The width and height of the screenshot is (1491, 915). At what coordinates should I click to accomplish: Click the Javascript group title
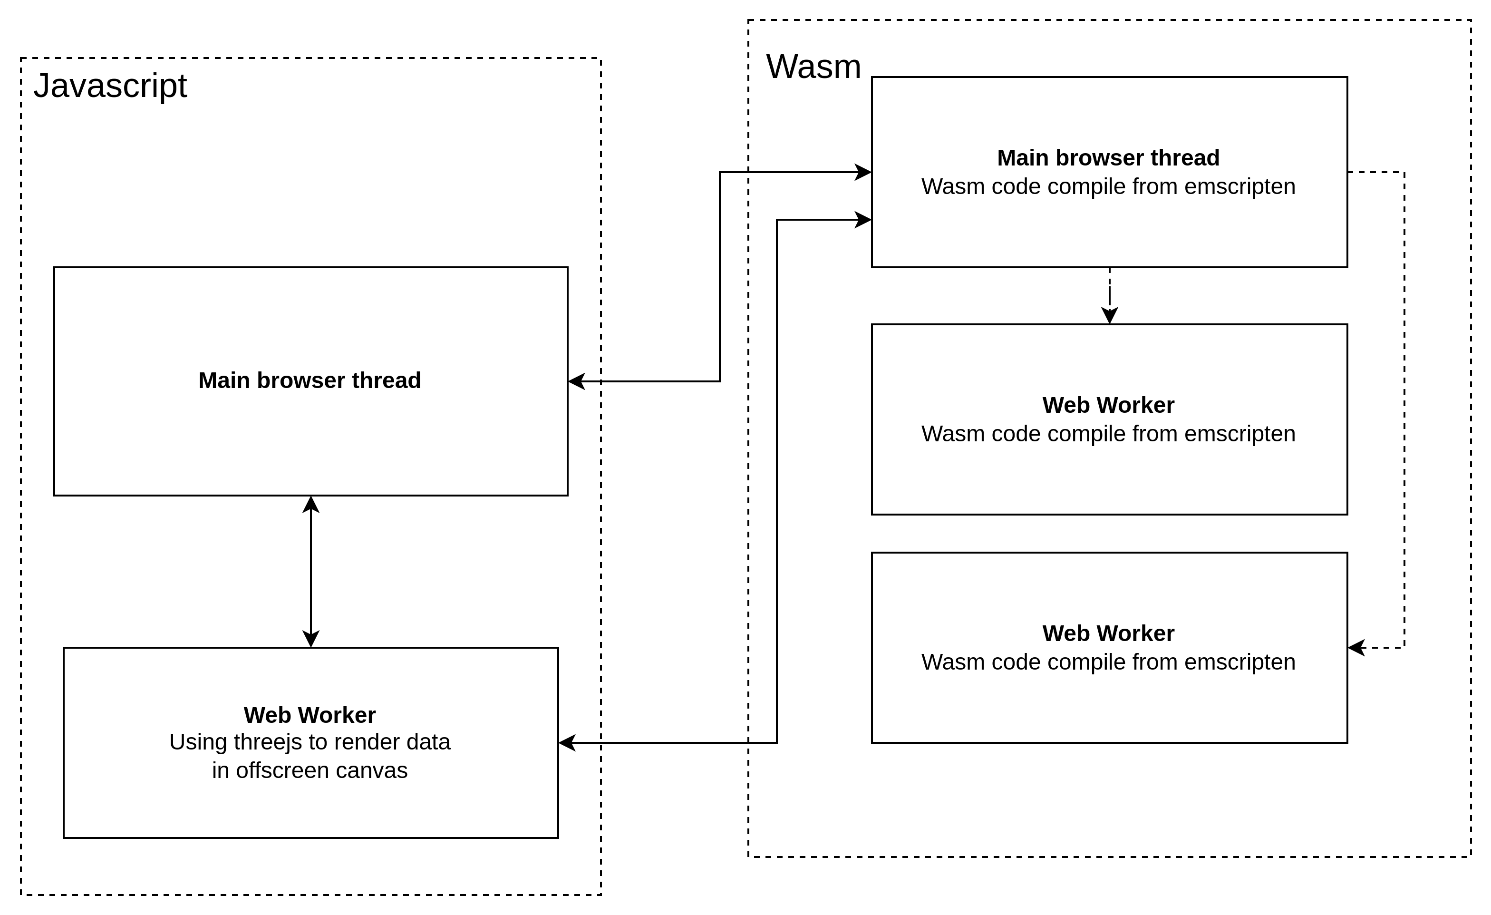[x=110, y=86]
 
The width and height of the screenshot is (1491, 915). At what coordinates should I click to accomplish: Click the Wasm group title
[x=813, y=67]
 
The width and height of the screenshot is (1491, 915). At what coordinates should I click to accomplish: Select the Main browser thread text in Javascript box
[x=310, y=380]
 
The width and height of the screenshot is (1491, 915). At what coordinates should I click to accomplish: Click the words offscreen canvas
[x=321, y=770]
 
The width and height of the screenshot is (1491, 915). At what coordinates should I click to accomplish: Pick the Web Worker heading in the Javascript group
[x=310, y=715]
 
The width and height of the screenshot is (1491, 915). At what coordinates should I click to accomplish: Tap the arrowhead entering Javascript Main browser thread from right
[x=577, y=381]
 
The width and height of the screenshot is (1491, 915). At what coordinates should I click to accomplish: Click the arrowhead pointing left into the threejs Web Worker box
[x=567, y=742]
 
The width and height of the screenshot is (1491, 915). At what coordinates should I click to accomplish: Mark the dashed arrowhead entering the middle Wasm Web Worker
[x=1109, y=315]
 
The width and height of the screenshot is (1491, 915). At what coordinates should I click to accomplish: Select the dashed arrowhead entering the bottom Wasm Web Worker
[x=1356, y=648]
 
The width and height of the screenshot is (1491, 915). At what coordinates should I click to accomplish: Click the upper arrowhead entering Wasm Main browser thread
[x=863, y=172]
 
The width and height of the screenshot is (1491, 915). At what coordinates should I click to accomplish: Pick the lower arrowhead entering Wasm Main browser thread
[x=863, y=220]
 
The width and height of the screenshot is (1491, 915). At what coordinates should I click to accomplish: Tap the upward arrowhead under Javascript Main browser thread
[x=310, y=505]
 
